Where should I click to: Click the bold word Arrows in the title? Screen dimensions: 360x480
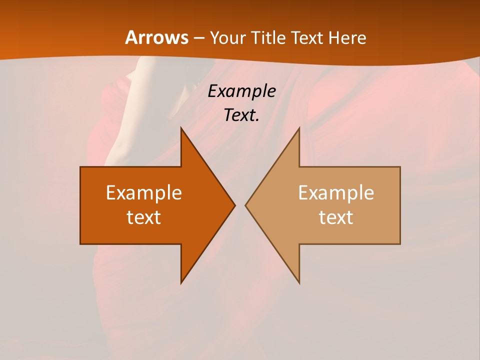[156, 37]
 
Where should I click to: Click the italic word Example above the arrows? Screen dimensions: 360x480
[242, 91]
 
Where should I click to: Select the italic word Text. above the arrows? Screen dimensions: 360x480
[242, 115]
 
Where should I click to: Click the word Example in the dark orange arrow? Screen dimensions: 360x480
[144, 193]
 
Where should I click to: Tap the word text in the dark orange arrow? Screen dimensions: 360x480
[144, 217]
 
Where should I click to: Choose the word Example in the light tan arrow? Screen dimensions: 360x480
[336, 193]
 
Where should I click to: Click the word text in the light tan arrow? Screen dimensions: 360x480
[336, 217]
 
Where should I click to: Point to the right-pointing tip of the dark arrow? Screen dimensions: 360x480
[235, 205]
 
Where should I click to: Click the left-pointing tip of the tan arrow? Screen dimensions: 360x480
[245, 205]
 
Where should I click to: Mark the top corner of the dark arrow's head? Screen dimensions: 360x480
[181, 127]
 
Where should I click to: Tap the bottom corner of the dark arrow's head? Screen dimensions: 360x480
[181, 283]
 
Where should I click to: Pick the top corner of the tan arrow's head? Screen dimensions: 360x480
[299, 127]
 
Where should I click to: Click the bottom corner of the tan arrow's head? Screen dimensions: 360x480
[299, 283]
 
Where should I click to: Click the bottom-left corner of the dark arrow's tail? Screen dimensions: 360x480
[80, 244]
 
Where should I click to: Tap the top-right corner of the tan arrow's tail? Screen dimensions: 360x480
[400, 167]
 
